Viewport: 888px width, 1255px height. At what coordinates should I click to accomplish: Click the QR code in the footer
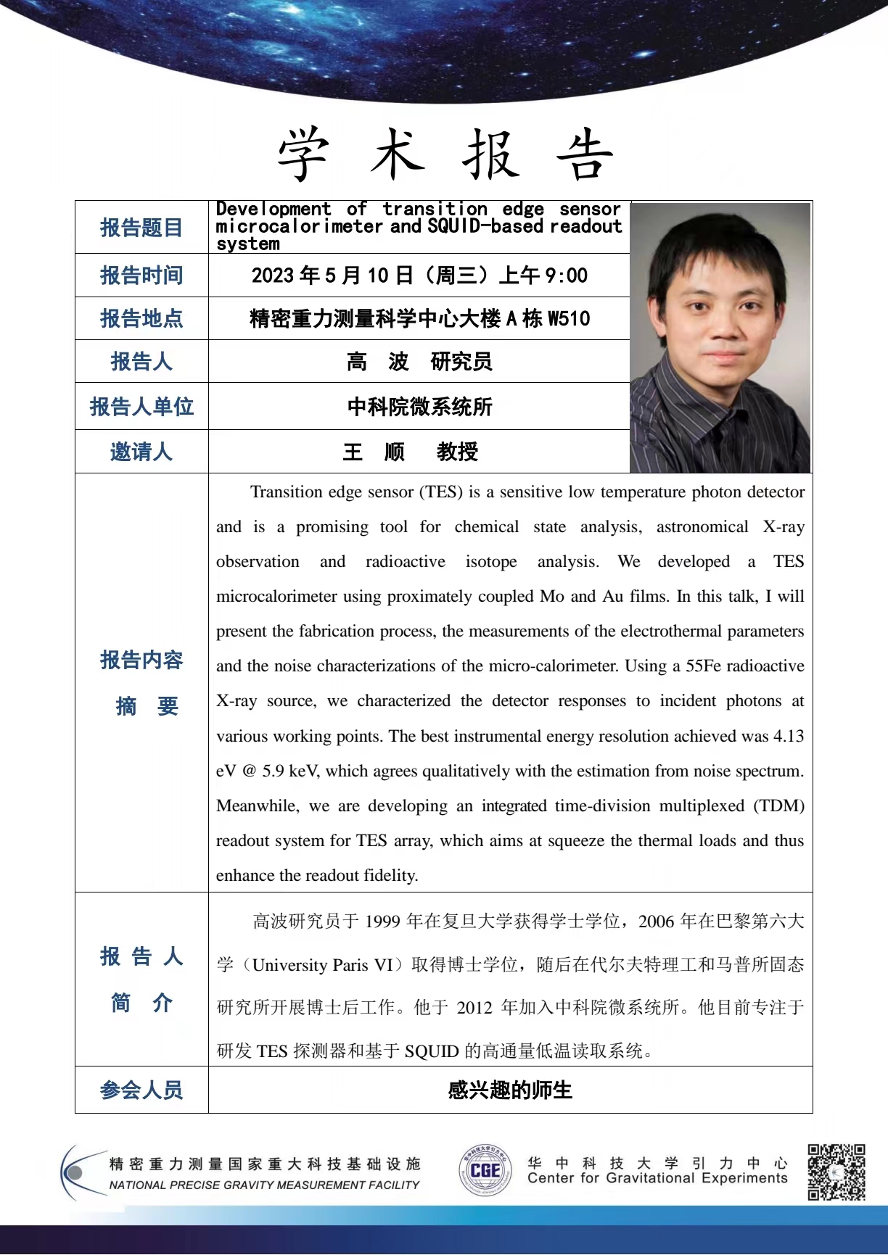[836, 1172]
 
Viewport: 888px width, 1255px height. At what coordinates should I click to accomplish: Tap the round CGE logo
[485, 1170]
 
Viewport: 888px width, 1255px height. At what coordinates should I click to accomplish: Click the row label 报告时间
[141, 276]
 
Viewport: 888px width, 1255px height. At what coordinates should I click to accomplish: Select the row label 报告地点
[141, 318]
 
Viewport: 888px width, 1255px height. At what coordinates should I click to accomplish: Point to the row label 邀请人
[141, 452]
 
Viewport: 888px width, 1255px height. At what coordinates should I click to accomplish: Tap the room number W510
[569, 318]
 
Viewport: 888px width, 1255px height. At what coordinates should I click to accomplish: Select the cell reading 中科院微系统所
[419, 407]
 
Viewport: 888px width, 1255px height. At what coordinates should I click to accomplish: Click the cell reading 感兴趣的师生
[510, 1090]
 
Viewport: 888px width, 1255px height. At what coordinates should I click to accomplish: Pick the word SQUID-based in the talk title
[485, 226]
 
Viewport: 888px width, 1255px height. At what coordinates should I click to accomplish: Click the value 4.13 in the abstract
[788, 736]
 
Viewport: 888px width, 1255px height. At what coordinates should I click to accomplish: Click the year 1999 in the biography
[382, 921]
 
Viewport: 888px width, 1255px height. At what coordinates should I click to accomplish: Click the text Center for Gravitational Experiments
[657, 1178]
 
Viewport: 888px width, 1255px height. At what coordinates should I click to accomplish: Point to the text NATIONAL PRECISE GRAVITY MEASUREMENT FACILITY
[264, 1185]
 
